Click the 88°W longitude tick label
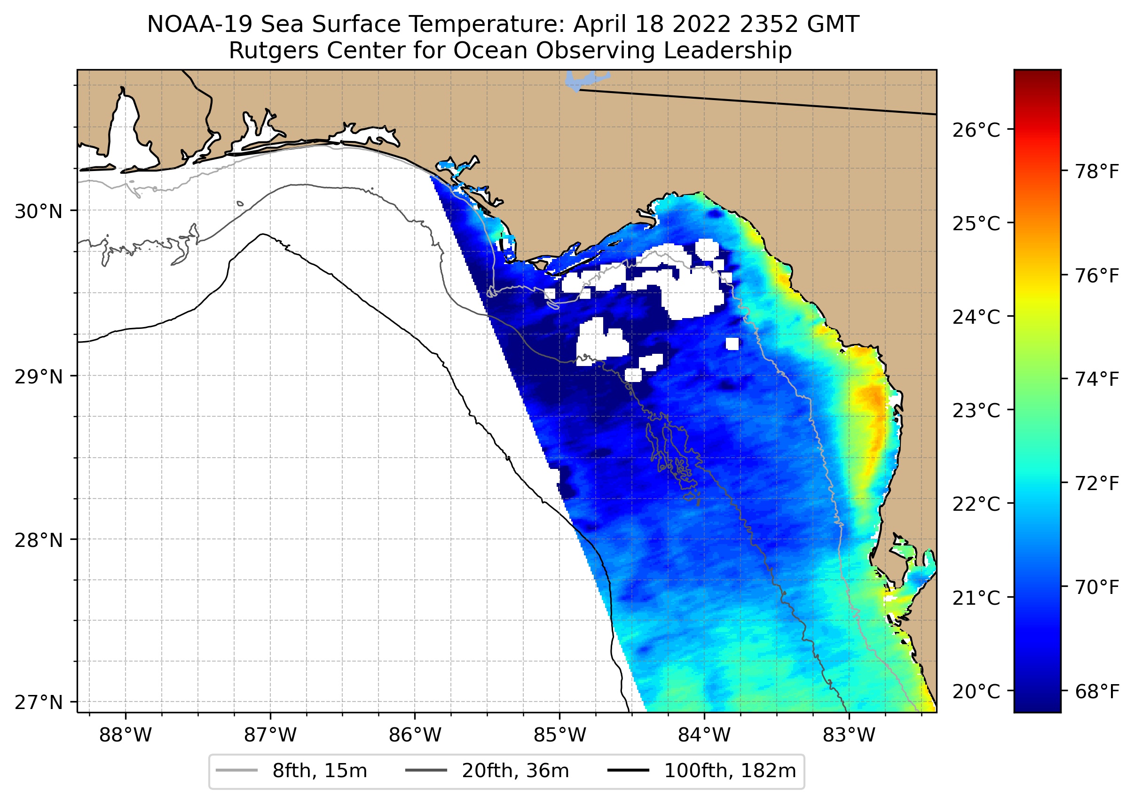[125, 735]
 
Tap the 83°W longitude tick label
[849, 735]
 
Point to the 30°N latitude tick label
[39, 211]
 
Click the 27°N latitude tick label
[39, 702]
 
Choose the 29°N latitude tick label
[39, 377]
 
